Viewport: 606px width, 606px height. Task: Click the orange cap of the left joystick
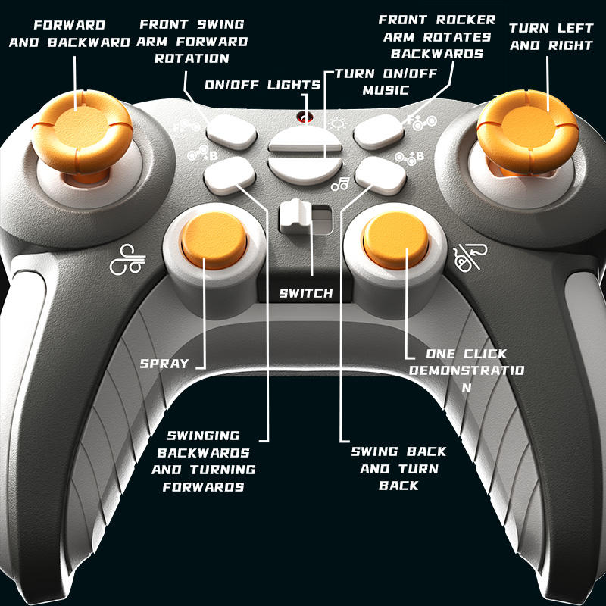click(x=78, y=125)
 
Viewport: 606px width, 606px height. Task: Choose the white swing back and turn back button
click(x=377, y=175)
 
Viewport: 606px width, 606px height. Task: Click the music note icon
click(x=339, y=183)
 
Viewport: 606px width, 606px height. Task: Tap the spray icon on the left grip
click(x=127, y=261)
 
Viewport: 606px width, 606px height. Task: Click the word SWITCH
click(x=305, y=293)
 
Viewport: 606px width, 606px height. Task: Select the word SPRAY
click(x=164, y=363)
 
